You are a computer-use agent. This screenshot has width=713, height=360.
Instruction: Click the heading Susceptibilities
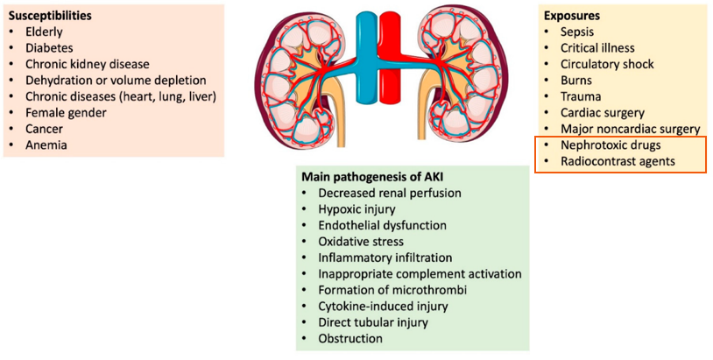(x=51, y=16)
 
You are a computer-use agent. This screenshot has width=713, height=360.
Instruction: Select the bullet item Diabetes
(x=49, y=47)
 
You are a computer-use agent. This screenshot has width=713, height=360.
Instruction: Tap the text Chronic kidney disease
(x=88, y=64)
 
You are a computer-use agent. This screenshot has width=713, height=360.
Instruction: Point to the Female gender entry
(x=67, y=112)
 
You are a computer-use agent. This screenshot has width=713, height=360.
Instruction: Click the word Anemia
(x=46, y=145)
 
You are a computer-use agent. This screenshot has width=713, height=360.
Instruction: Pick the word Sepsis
(x=577, y=32)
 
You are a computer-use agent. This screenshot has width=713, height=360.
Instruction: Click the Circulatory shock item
(x=607, y=64)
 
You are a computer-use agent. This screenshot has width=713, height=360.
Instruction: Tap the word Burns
(x=576, y=81)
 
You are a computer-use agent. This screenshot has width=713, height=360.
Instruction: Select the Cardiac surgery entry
(x=603, y=113)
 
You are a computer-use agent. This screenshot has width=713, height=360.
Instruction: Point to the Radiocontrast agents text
(x=618, y=161)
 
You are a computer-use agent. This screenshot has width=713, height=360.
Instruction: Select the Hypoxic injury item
(x=356, y=209)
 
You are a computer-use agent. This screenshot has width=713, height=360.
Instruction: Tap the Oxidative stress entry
(x=361, y=242)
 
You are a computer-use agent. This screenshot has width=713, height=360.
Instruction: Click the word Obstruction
(x=350, y=339)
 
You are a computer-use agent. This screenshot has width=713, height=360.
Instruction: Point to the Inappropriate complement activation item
(x=420, y=274)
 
